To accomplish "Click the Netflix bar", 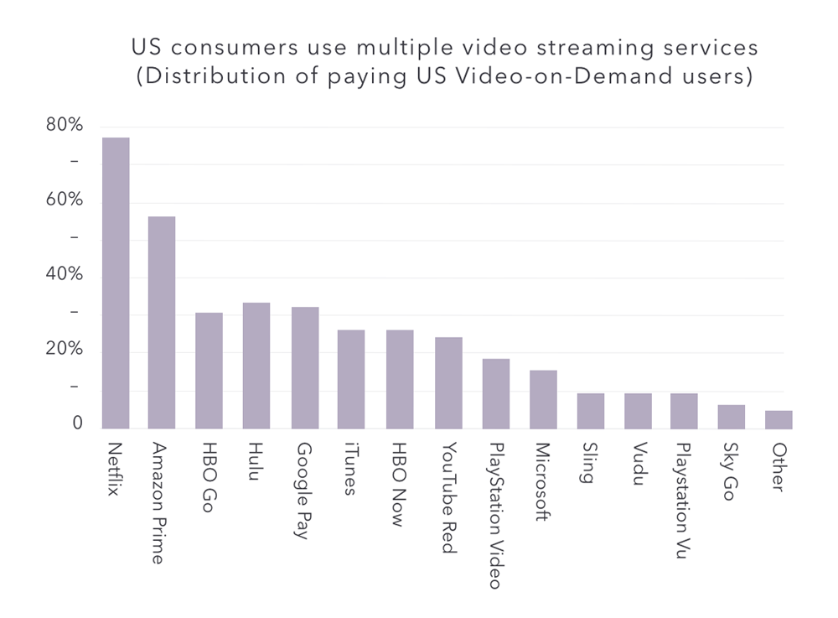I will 116,283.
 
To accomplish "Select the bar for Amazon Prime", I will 162,323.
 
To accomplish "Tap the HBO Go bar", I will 209,371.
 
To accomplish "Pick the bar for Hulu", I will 256,366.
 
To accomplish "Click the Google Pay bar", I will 305,368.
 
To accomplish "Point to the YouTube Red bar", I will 448,383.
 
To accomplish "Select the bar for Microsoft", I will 543,400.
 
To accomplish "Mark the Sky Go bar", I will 731,417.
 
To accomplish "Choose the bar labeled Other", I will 779,420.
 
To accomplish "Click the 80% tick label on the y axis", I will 64,126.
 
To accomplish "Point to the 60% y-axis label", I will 64,200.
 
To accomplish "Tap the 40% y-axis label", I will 64,275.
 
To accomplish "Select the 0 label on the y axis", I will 77,424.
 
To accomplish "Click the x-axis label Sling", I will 590,463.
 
